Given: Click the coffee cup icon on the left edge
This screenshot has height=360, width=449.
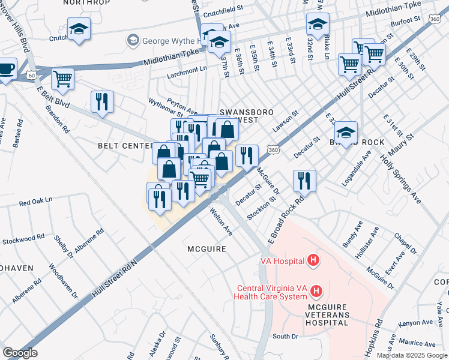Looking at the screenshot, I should (6, 68).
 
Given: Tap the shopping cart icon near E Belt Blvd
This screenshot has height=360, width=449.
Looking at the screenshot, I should (62, 78).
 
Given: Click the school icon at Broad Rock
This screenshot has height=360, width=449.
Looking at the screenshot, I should (346, 131).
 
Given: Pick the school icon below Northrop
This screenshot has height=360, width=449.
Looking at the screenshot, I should (79, 29).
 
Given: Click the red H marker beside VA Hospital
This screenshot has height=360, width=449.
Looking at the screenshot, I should (312, 260).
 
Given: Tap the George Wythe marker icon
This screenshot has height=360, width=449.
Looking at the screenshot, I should (133, 40).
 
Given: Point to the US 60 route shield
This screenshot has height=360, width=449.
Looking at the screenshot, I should (31, 76).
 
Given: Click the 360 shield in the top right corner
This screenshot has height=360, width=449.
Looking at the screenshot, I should (435, 20).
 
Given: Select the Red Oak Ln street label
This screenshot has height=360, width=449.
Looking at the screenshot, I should (36, 200).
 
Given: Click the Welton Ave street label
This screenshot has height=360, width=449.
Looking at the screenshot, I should (221, 221).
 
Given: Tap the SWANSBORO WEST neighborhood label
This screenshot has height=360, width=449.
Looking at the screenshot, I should (239, 116).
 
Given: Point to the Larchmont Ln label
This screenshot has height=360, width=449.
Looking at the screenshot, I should (187, 69).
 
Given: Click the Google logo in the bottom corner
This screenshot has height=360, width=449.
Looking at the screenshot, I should (20, 352).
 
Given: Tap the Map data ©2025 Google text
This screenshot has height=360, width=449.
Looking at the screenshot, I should (412, 355).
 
